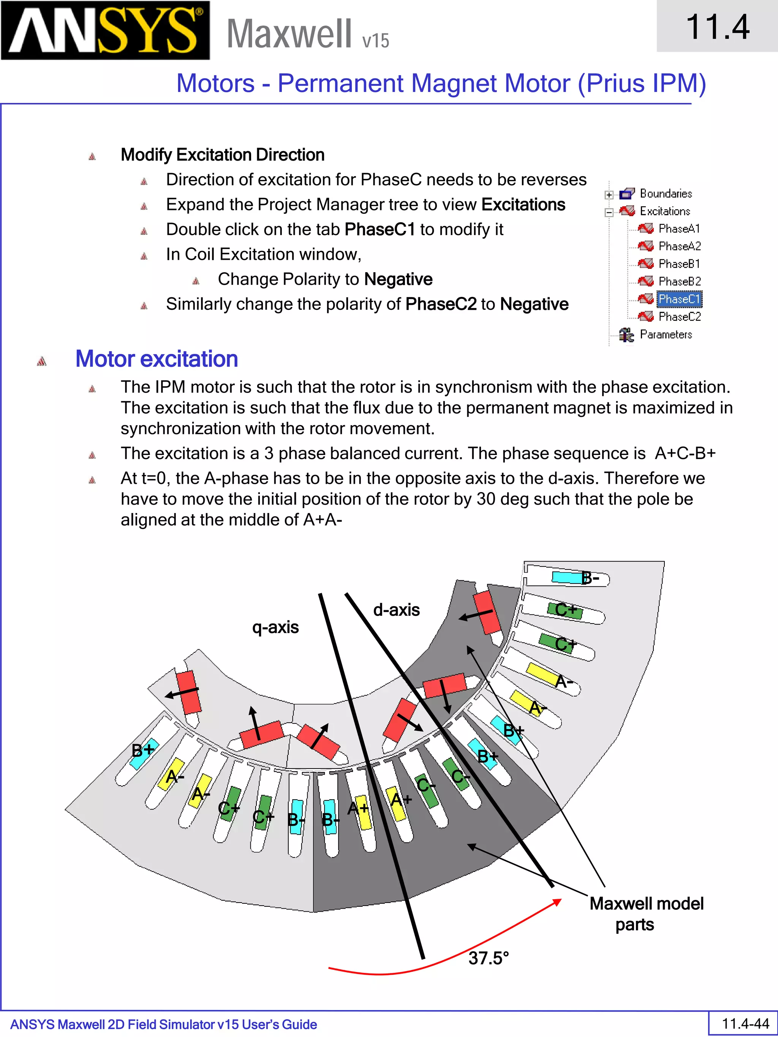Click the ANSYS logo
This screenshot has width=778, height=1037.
pyautogui.click(x=106, y=30)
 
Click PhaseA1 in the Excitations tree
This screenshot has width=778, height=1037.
pyautogui.click(x=678, y=229)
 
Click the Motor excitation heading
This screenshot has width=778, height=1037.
pyautogui.click(x=157, y=359)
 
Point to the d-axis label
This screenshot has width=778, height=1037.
pyautogui.click(x=396, y=610)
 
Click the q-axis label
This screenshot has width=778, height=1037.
pyautogui.click(x=275, y=627)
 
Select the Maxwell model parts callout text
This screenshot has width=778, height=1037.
pyautogui.click(x=646, y=914)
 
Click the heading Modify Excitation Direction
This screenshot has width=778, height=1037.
pyautogui.click(x=222, y=155)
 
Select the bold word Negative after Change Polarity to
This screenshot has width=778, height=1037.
pyautogui.click(x=398, y=279)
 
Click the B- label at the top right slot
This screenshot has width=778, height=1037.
pyautogui.click(x=590, y=579)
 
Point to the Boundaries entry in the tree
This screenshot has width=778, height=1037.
pyautogui.click(x=666, y=194)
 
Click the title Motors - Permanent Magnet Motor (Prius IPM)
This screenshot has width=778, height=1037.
pyautogui.click(x=441, y=84)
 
